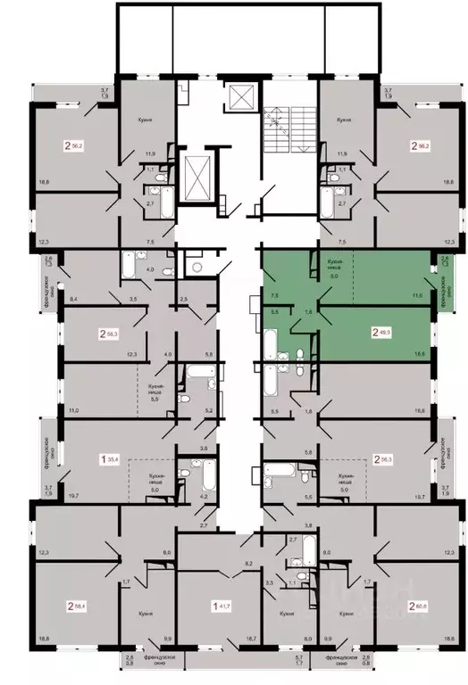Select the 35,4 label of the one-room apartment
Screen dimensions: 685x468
point(114,459)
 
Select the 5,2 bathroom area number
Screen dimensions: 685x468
point(209,411)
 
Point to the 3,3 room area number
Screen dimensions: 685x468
point(270,582)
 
